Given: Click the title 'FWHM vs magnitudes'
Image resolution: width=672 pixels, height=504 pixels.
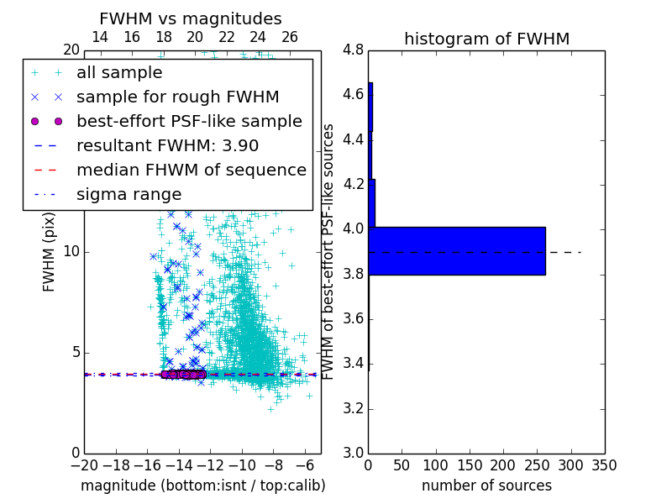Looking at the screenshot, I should [191, 19].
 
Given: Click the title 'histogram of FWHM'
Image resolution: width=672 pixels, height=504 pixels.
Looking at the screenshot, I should [486, 39].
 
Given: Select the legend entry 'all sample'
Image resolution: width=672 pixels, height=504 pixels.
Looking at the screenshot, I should [119, 73].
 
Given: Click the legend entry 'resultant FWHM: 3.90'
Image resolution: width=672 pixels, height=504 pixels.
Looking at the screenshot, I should [167, 146].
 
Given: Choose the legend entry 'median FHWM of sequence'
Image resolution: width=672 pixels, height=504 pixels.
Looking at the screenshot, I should [191, 171].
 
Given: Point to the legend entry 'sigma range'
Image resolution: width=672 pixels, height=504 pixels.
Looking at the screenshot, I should [129, 195].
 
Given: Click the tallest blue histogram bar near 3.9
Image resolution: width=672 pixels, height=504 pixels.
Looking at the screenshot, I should [457, 250].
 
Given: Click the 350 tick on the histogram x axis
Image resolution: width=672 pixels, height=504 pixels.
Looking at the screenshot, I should [604, 465].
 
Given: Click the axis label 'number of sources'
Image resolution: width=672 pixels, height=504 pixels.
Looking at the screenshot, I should [486, 486].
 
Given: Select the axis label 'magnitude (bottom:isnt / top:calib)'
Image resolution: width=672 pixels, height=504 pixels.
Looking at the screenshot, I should [202, 486].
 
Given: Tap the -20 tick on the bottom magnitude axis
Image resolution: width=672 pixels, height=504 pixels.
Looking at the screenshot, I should [84, 465].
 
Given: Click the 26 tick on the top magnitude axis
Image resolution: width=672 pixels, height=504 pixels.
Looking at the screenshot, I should [290, 37].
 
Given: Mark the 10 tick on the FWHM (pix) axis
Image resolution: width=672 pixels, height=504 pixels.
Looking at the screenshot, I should [71, 251].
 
